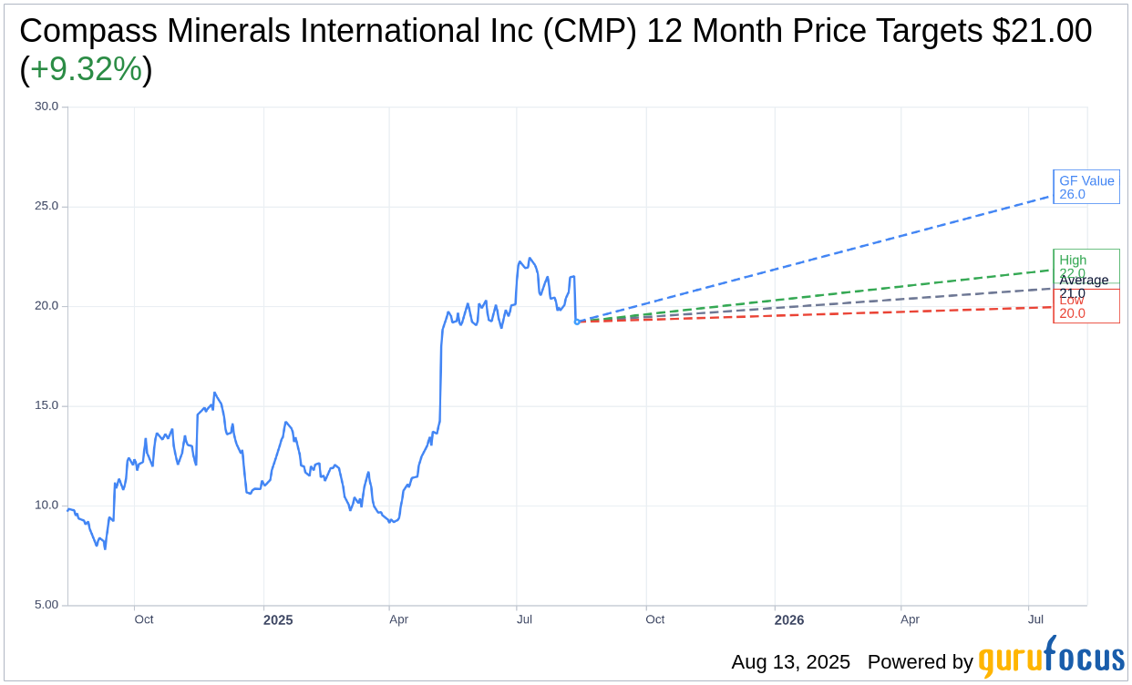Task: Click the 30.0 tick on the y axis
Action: (x=46, y=107)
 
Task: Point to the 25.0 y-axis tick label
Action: (x=46, y=206)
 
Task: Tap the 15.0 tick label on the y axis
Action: (x=46, y=405)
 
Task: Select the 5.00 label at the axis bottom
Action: (x=46, y=605)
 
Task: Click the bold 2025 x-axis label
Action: (x=278, y=620)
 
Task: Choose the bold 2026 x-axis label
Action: (x=789, y=620)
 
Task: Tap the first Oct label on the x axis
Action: (x=144, y=619)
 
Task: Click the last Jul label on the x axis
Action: (x=1035, y=619)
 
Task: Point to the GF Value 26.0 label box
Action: (x=1086, y=187)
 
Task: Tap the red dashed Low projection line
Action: (x=820, y=313)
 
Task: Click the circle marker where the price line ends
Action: (x=577, y=322)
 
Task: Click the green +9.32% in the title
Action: (x=86, y=69)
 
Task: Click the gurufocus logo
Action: (x=1051, y=658)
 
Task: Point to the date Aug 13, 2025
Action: (x=790, y=662)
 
